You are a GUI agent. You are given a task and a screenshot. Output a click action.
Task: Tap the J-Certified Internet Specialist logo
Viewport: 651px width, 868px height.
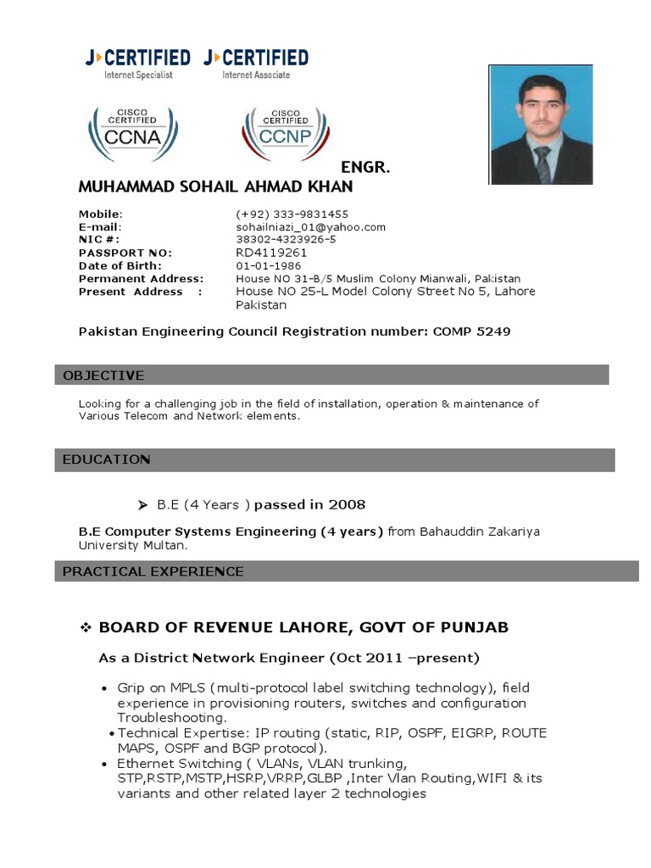(137, 64)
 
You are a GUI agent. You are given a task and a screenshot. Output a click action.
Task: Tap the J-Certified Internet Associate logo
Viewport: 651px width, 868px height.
(256, 64)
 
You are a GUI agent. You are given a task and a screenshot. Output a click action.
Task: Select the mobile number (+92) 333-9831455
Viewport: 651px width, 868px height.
(292, 214)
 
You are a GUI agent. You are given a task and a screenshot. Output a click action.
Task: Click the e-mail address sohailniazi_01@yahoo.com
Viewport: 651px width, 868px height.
(310, 227)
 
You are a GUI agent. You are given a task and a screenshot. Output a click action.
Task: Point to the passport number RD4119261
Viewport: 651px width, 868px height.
(271, 253)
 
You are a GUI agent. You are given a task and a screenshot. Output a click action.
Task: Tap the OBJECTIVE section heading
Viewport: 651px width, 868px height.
(103, 376)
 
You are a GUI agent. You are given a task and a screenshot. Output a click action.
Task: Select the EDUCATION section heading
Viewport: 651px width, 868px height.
(106, 459)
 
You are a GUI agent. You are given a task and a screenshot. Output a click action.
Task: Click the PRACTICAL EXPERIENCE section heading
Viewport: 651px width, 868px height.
(153, 572)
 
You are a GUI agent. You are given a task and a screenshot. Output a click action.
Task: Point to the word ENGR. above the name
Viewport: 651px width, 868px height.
(364, 167)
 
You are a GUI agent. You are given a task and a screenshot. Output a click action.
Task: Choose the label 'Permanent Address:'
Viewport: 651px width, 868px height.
(141, 279)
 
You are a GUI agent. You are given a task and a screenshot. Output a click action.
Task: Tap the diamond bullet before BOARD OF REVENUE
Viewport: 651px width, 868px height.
(85, 627)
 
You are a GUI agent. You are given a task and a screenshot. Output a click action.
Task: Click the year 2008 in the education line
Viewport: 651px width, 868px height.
(348, 505)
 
